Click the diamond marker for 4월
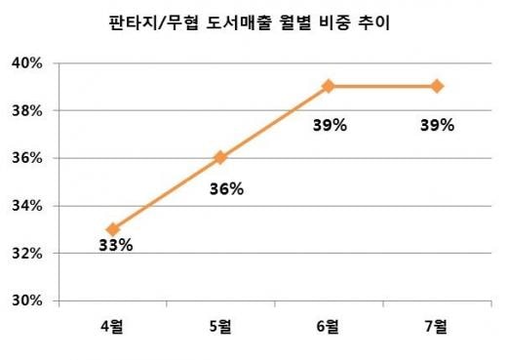click(x=113, y=229)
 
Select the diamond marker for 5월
click(x=220, y=158)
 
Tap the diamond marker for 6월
click(x=329, y=87)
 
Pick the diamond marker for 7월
click(x=437, y=87)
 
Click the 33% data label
click(x=116, y=245)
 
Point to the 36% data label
click(x=226, y=189)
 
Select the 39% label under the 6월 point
click(x=330, y=125)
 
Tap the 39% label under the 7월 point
click(x=437, y=125)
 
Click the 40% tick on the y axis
click(x=27, y=63)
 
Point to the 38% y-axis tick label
click(x=27, y=111)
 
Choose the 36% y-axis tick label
click(x=27, y=158)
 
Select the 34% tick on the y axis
click(x=27, y=206)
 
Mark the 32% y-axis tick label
click(x=27, y=254)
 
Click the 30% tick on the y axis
click(x=27, y=300)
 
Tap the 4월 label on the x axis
click(x=112, y=326)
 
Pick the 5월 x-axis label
click(x=220, y=326)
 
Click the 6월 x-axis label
click(x=328, y=326)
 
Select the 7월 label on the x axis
click(x=436, y=326)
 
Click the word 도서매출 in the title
click(x=239, y=22)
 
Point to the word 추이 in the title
click(x=373, y=22)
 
